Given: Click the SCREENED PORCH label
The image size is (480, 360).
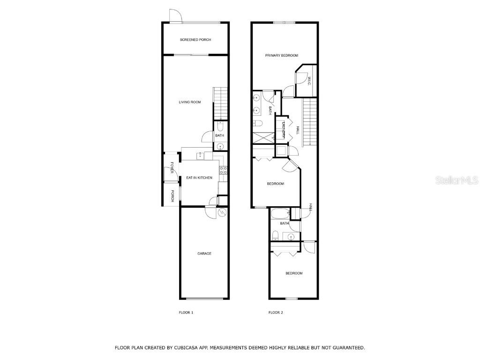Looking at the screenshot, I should click(x=195, y=40).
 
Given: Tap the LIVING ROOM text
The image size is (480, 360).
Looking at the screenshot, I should click(x=190, y=102).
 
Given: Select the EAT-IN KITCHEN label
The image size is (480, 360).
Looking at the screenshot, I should click(x=199, y=178).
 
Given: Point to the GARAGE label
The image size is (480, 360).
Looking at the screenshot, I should click(x=204, y=254).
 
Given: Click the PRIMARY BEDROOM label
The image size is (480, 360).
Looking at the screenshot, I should click(x=282, y=55).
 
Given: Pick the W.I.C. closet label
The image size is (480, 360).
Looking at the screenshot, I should click(x=309, y=82).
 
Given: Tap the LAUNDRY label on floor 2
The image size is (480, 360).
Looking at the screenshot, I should click(x=284, y=129).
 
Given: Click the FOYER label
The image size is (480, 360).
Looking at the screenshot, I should click(x=172, y=167).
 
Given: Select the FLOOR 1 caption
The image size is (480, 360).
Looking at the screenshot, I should click(x=186, y=313).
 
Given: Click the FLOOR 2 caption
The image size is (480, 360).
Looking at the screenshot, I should click(x=276, y=313).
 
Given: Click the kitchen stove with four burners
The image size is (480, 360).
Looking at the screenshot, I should click(x=224, y=171).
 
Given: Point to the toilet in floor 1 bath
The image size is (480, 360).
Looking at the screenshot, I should click(x=220, y=127).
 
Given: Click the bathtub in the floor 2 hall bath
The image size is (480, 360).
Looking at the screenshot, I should click(x=280, y=215).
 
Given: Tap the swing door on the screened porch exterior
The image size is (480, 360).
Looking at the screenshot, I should click(x=175, y=16).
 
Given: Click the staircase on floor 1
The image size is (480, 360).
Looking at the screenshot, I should click(x=220, y=103).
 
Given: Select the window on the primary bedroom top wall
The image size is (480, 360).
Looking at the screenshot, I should click(x=285, y=22).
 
